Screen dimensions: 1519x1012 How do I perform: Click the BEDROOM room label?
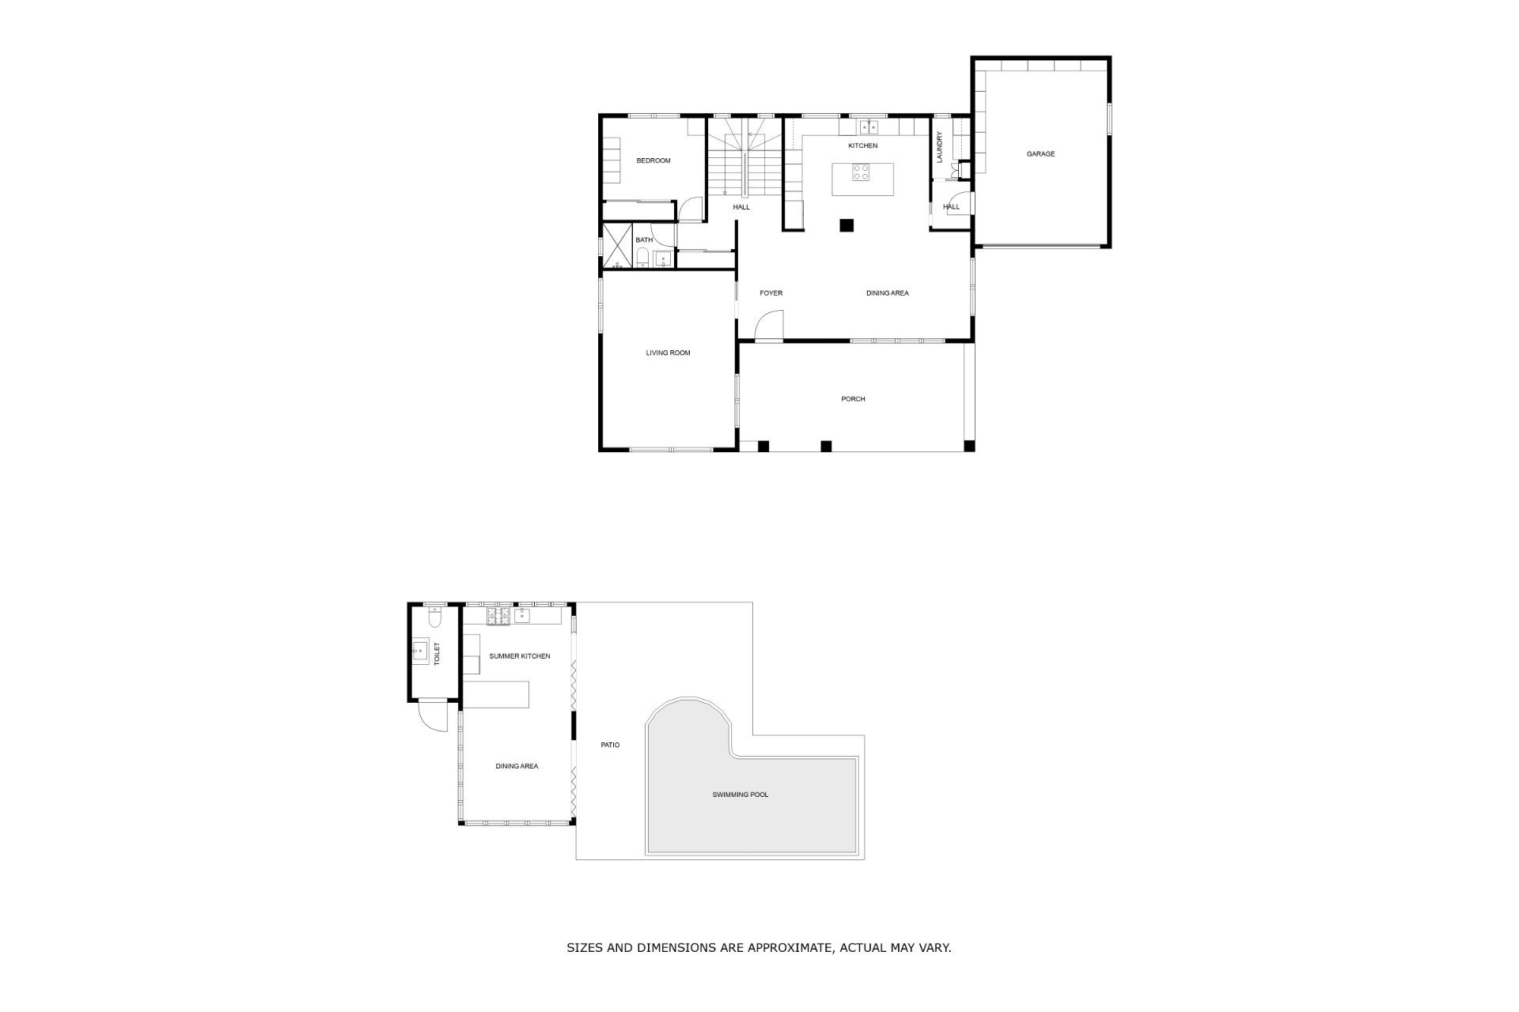coord(653,160)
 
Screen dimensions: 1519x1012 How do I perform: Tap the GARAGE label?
coord(1040,154)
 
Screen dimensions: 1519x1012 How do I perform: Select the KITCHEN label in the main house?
coord(862,145)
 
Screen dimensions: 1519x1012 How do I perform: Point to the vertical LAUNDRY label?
coord(940,147)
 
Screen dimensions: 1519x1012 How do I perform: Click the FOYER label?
coord(771,293)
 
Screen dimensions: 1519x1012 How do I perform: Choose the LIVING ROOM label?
coord(668,353)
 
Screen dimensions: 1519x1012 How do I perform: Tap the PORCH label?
coord(853,399)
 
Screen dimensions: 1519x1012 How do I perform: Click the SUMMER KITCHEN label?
coord(520,656)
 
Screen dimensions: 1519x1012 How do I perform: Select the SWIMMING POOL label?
coord(740,795)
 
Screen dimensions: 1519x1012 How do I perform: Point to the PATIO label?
coord(610,745)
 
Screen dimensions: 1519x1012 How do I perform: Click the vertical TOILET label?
coord(436,654)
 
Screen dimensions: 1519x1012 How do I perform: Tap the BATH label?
coord(644,240)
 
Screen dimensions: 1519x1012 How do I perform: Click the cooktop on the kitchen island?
coord(862,172)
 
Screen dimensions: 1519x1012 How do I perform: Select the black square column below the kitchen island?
coord(847,225)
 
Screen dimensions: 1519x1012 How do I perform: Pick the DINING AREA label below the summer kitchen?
coord(517,766)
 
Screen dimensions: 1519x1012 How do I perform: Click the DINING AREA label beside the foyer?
coord(887,293)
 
